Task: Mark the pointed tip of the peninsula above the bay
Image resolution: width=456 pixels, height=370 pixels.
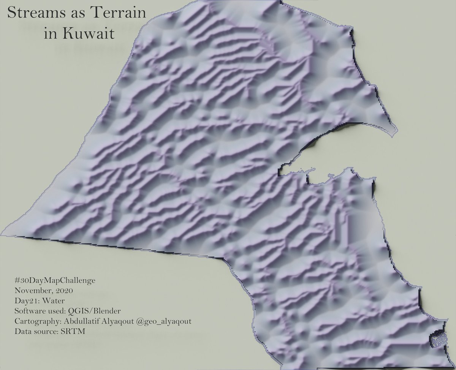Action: coord(395,133)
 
